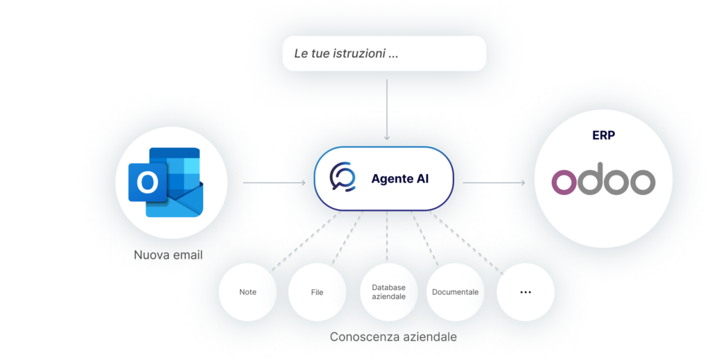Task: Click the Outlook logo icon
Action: point(166,182)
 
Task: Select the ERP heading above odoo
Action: point(604,135)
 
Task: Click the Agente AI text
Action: point(400,179)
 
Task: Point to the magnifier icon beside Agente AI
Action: point(343,177)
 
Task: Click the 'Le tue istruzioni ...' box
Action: point(384,53)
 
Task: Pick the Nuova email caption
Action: point(168,255)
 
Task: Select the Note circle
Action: point(248,292)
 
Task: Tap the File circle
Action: point(317,292)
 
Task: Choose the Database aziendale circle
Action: point(388,292)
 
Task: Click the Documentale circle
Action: point(455,292)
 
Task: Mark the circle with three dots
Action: point(526,292)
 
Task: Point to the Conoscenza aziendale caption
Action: point(393,337)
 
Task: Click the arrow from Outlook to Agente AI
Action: point(275,183)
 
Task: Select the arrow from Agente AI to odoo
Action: point(494,183)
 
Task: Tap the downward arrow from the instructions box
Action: point(387,110)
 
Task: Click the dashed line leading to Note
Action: point(305,241)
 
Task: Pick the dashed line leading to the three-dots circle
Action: point(467,243)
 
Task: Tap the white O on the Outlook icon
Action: point(148,182)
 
